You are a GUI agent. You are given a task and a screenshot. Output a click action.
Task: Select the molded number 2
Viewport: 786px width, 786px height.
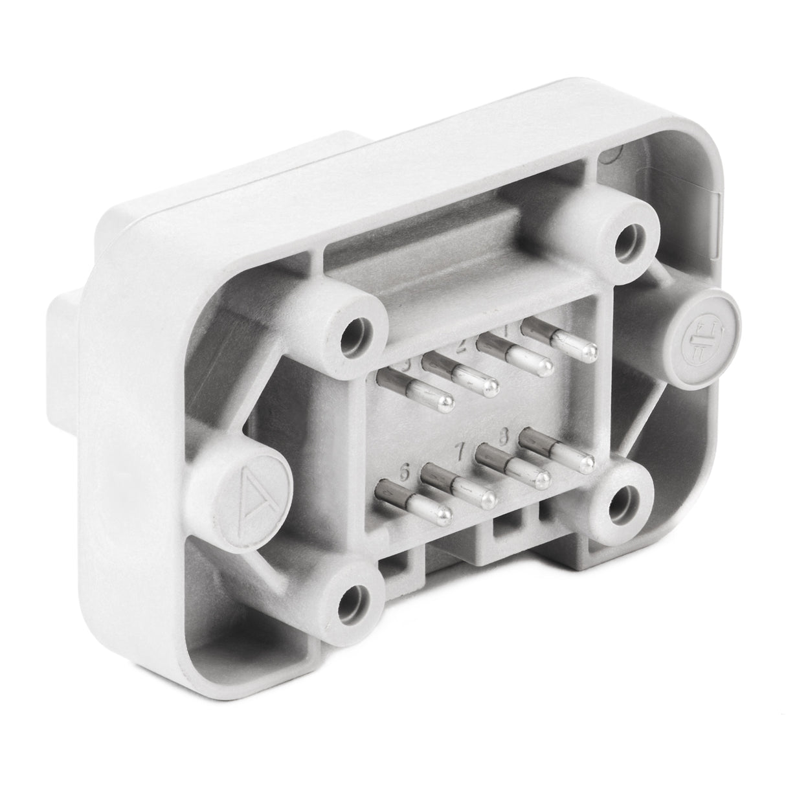(461, 347)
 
